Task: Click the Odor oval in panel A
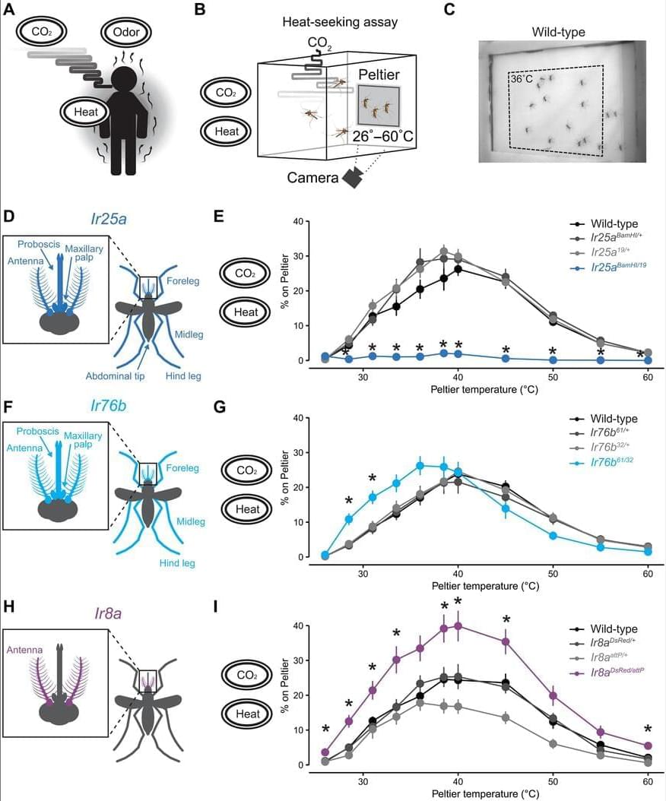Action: [x=126, y=33]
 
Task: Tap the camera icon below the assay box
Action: [x=354, y=177]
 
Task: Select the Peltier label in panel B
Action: [x=379, y=74]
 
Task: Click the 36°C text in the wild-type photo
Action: [x=522, y=79]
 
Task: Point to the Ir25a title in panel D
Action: [x=109, y=219]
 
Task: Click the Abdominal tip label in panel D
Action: [x=115, y=376]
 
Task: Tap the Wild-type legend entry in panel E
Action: [x=604, y=223]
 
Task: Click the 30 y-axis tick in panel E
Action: [x=297, y=256]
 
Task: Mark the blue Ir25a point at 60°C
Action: [x=648, y=360]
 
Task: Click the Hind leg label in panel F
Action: [x=177, y=563]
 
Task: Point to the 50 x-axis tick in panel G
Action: [x=553, y=573]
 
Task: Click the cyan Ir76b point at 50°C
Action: [x=553, y=535]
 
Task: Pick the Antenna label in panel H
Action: [x=24, y=650]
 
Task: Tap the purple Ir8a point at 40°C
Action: [x=458, y=625]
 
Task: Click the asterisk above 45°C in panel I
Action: [x=506, y=619]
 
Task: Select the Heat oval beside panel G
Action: [x=248, y=509]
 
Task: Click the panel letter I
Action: [x=216, y=607]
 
